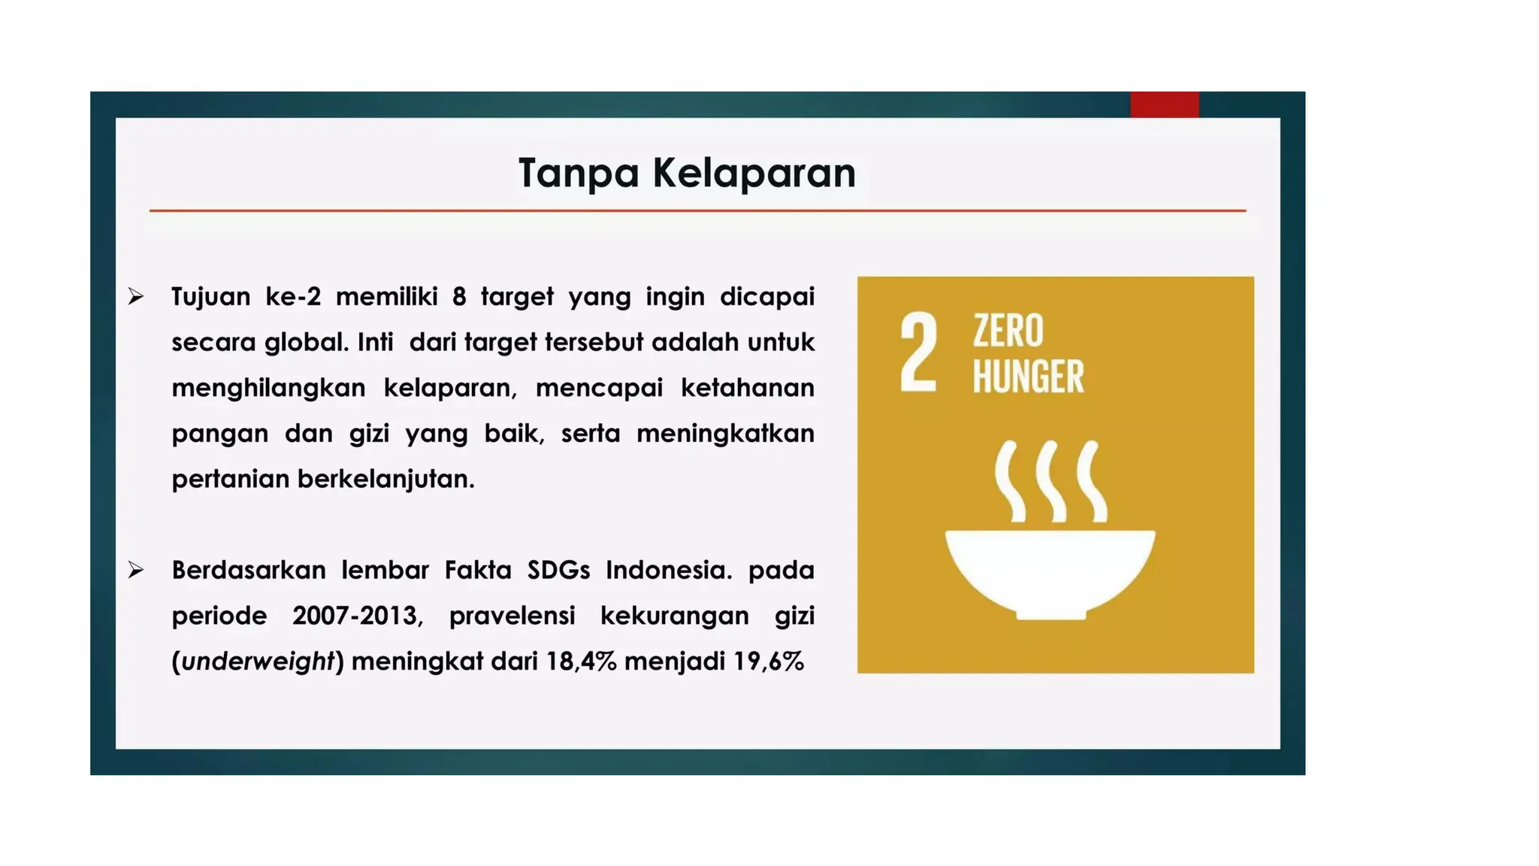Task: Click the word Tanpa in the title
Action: pyautogui.click(x=578, y=174)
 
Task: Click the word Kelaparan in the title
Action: pyautogui.click(x=754, y=174)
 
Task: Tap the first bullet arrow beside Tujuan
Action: pyautogui.click(x=136, y=296)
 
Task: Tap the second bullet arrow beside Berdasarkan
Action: pyautogui.click(x=136, y=570)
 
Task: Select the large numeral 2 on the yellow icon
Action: pyautogui.click(x=918, y=353)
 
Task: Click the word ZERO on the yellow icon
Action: pyautogui.click(x=1008, y=331)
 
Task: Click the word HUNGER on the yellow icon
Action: pyautogui.click(x=1028, y=377)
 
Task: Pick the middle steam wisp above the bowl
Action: pyautogui.click(x=1051, y=481)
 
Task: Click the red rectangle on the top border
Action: pyautogui.click(x=1164, y=104)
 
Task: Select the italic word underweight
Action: pyautogui.click(x=257, y=662)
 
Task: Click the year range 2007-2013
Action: pyautogui.click(x=358, y=616)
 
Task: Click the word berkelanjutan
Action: pyautogui.click(x=386, y=479)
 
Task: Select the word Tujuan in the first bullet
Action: pyautogui.click(x=210, y=297)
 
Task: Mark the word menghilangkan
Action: pyautogui.click(x=268, y=388)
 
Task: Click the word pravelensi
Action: pyautogui.click(x=512, y=616)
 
